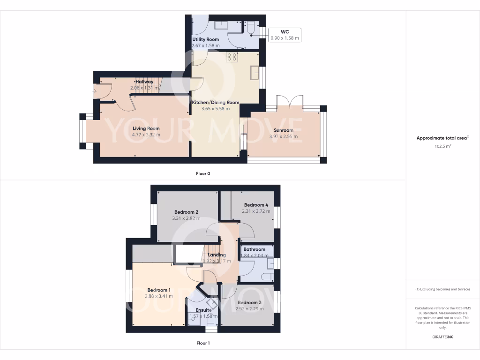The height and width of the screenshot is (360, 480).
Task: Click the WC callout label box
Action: (x=285, y=35)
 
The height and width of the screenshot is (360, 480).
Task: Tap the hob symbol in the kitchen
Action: (x=232, y=57)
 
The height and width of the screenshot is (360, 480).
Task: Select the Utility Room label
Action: (x=205, y=39)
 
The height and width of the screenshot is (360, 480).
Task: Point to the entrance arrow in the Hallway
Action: (x=96, y=91)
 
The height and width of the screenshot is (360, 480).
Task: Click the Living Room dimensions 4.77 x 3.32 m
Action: (x=146, y=135)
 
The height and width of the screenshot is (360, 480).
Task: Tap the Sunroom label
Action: (x=283, y=130)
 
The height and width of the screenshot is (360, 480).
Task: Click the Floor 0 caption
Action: (x=203, y=173)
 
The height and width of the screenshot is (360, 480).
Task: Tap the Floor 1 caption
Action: (x=203, y=343)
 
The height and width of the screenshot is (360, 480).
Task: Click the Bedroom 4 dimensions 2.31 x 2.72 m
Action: (x=256, y=211)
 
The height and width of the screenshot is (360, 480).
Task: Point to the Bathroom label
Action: (x=254, y=249)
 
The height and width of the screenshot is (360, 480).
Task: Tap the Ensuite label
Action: (x=203, y=310)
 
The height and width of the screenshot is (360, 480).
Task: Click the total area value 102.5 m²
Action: (x=443, y=146)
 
